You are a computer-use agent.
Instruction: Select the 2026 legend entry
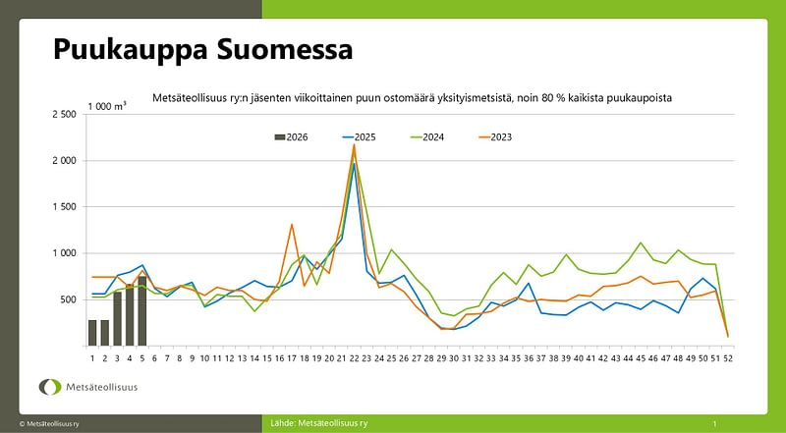[291, 136]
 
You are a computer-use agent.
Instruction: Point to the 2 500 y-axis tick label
[63, 114]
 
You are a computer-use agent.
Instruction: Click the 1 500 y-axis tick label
[63, 207]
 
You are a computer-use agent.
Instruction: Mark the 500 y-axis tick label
[68, 299]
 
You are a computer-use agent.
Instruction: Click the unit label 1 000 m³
[106, 105]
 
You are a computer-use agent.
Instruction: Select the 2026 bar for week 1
[92, 333]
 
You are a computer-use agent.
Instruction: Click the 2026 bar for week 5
[142, 311]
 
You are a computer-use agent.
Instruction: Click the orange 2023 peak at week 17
[292, 225]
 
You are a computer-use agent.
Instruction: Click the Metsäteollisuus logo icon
[50, 387]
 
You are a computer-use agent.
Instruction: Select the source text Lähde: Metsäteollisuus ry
[319, 422]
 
